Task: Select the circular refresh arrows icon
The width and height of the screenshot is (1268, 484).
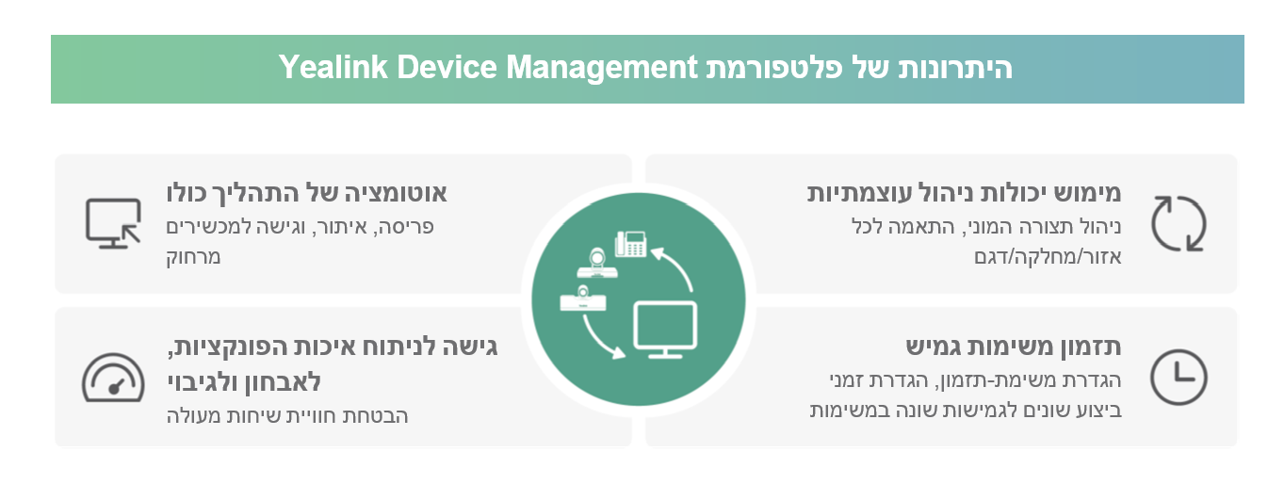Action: (1179, 223)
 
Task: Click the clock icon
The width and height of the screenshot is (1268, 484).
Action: (1179, 377)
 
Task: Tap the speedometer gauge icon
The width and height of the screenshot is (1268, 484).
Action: (113, 379)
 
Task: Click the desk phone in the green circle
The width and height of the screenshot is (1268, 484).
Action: (630, 243)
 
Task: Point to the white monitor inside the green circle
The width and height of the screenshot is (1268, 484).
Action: (664, 329)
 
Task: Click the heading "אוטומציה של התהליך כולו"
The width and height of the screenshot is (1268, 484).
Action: (306, 193)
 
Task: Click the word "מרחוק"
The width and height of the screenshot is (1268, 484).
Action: (193, 256)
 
